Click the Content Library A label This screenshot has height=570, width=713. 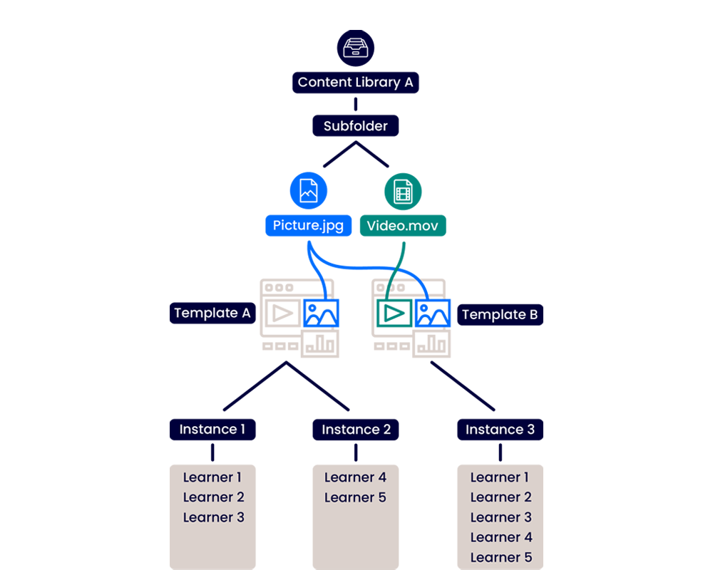coord(355,82)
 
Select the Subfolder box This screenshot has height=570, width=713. coord(356,126)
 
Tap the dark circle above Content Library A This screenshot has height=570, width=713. coord(355,48)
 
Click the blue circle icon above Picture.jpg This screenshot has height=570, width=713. coord(308,190)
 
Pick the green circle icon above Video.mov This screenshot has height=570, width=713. coord(403,190)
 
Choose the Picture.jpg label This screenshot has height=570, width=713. coord(308,226)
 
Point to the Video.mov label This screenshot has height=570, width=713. coord(403,226)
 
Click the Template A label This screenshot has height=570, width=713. coord(212,313)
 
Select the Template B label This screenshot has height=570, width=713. coord(500,314)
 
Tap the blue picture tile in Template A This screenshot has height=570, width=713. coord(322,313)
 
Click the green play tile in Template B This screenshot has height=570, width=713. coord(393,313)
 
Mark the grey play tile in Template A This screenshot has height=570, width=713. coord(282,313)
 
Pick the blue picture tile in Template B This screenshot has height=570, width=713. coord(433,313)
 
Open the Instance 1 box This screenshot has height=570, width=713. coord(212,429)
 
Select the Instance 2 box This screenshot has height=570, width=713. coord(356,430)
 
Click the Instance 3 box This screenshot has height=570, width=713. coord(500,430)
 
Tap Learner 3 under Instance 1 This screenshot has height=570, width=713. coord(213,517)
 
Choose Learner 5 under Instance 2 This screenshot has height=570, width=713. coord(355,497)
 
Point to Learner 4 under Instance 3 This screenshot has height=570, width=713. coord(501,537)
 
